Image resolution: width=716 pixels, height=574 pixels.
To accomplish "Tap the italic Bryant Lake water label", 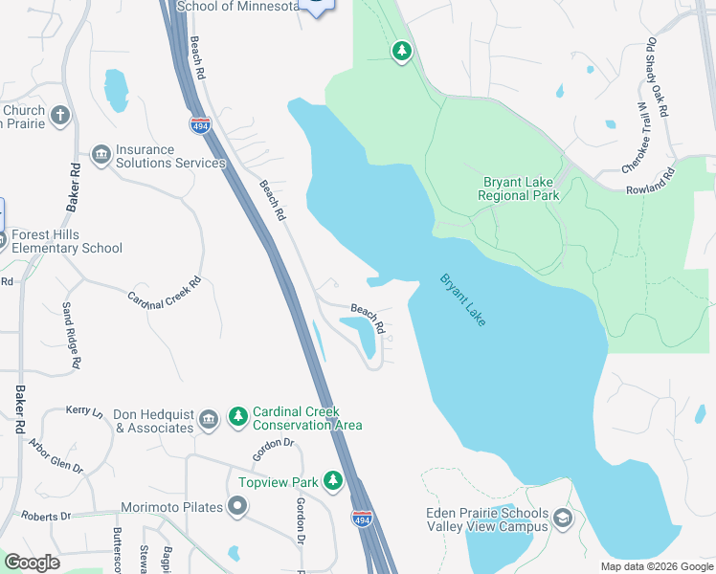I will click(x=463, y=299).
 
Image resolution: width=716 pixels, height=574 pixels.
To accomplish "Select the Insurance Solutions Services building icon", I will click(x=101, y=155).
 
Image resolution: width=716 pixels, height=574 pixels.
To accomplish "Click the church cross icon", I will click(x=60, y=117).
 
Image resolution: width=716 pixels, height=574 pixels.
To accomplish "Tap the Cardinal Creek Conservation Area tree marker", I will click(x=237, y=418).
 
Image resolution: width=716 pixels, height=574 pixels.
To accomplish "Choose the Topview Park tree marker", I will click(x=333, y=480).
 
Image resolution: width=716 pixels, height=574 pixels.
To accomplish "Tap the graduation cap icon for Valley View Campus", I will click(x=563, y=519).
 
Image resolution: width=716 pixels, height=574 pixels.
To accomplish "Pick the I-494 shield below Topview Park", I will click(x=362, y=519).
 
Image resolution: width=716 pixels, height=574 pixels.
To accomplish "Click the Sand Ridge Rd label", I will click(x=69, y=336).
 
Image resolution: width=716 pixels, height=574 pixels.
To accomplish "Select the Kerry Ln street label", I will click(x=84, y=409).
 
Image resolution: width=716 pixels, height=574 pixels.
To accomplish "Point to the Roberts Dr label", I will click(x=47, y=516).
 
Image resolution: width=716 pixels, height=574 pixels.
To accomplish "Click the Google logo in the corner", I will click(x=32, y=562).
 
